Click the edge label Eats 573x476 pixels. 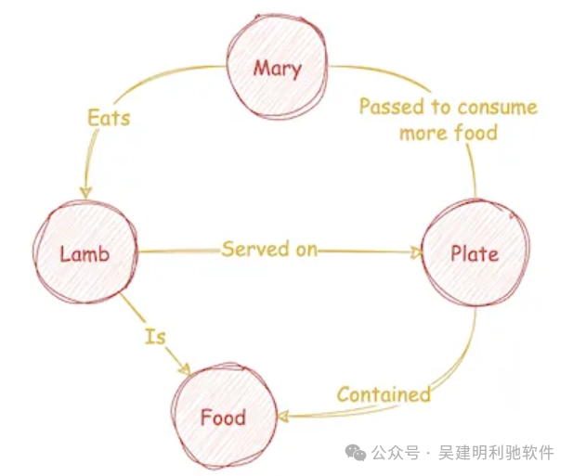pos(109,118)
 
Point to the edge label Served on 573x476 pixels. pos(269,249)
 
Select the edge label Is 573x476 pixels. pos(155,336)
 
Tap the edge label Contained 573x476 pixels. pos(384,394)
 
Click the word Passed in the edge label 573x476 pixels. pos(392,107)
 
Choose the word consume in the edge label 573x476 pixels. pos(498,108)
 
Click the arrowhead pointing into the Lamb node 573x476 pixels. pos(85,192)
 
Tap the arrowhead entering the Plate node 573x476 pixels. pos(416,252)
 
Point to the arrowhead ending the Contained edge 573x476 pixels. pos(283,416)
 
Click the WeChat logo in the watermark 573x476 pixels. pos(356,453)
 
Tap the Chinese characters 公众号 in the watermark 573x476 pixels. pos(396,453)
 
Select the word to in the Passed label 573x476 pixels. pos(441,107)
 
